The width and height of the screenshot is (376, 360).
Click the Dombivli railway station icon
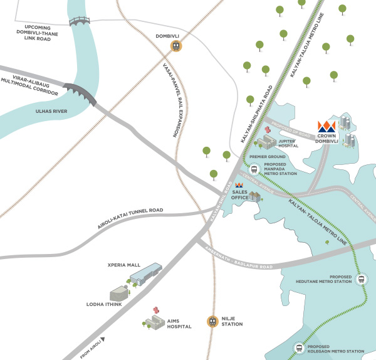177,46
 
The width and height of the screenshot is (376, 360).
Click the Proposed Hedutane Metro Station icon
361,280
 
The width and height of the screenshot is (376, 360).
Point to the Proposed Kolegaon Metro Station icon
299,348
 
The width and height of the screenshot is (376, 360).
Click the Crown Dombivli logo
327,126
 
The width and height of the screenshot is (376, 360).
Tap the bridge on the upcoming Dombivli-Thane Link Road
80,21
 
